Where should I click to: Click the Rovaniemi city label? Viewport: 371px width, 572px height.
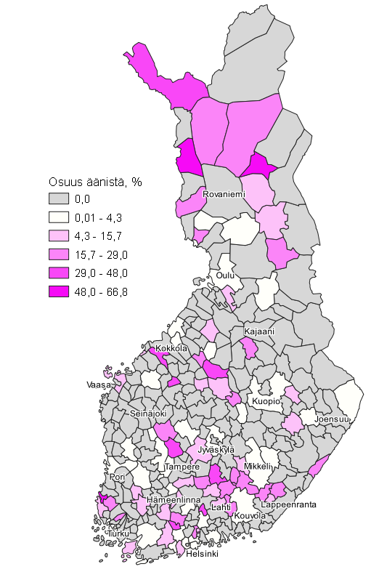click(224, 195)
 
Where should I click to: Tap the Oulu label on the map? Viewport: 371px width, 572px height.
click(224, 276)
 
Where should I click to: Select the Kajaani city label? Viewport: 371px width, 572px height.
click(258, 331)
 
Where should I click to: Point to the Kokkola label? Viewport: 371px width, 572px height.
click(171, 349)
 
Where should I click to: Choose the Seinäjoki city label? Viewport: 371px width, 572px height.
click(147, 413)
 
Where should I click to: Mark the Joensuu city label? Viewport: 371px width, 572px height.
click(333, 419)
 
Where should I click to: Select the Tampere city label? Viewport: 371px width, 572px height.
click(182, 467)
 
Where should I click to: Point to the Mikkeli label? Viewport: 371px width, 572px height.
click(258, 466)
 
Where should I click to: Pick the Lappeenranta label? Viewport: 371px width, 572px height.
click(289, 504)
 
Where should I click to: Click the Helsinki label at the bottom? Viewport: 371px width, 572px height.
click(202, 554)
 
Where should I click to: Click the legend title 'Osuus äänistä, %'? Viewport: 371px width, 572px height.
click(94, 182)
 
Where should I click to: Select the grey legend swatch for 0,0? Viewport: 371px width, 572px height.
click(60, 198)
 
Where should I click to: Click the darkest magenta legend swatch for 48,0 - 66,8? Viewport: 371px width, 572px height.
click(60, 291)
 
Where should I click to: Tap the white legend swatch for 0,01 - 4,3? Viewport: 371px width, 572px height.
click(60, 217)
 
